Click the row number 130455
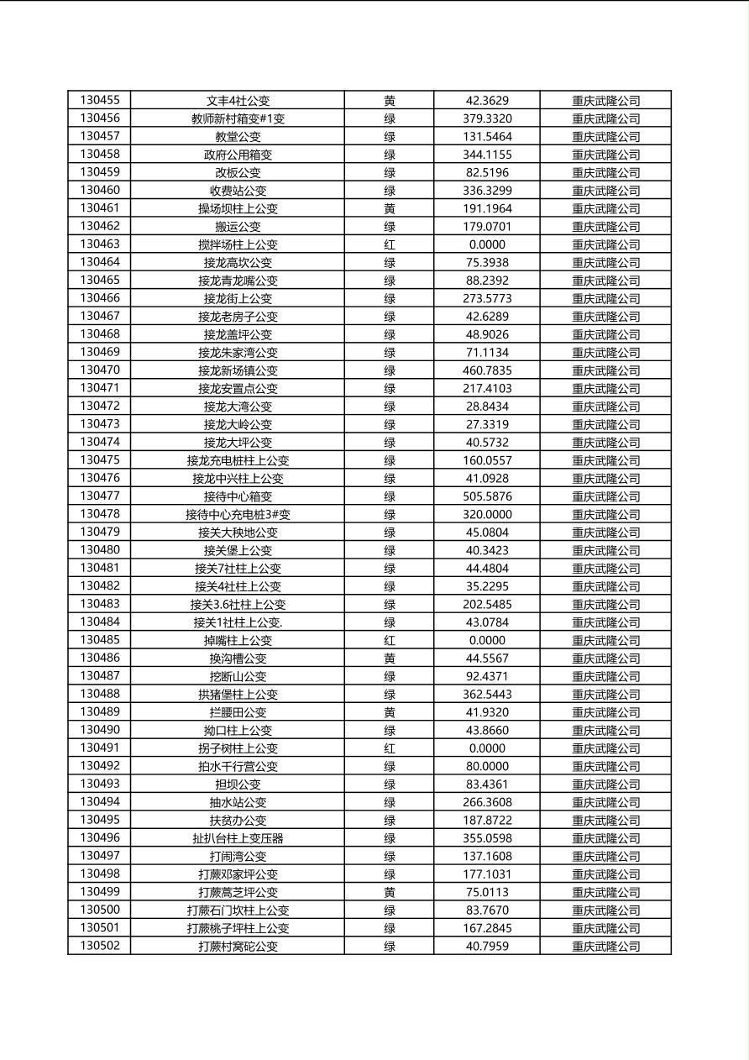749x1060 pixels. pyautogui.click(x=100, y=100)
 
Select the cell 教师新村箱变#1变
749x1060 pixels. pyautogui.click(x=238, y=118)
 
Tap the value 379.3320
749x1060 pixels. pyautogui.click(x=487, y=118)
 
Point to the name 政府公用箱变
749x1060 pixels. pyautogui.click(x=238, y=155)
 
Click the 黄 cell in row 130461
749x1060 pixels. pyautogui.click(x=390, y=208)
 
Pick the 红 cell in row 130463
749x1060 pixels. pyautogui.click(x=390, y=244)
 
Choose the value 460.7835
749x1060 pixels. pyautogui.click(x=487, y=370)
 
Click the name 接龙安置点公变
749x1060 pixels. pyautogui.click(x=238, y=388)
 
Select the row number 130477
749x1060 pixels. pyautogui.click(x=100, y=496)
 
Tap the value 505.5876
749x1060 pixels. pyautogui.click(x=487, y=496)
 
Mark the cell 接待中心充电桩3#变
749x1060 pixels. pyautogui.click(x=238, y=514)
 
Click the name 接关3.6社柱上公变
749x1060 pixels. pyautogui.click(x=238, y=604)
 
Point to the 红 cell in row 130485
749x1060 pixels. pyautogui.click(x=390, y=640)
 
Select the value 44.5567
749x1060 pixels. pyautogui.click(x=487, y=659)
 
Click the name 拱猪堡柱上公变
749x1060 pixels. pyautogui.click(x=238, y=694)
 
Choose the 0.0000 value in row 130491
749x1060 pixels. pyautogui.click(x=487, y=748)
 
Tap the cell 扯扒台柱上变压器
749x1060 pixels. pyautogui.click(x=238, y=838)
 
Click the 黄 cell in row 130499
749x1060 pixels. pyautogui.click(x=390, y=892)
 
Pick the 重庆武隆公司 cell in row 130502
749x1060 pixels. pyautogui.click(x=605, y=946)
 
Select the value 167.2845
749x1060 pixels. pyautogui.click(x=487, y=928)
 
